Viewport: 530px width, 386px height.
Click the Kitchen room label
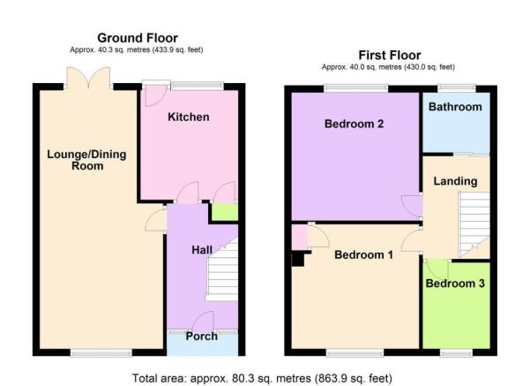tap(188, 117)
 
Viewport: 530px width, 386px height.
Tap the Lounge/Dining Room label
tap(87, 160)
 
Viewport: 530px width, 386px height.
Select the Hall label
tap(202, 250)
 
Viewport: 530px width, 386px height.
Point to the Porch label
tap(201, 337)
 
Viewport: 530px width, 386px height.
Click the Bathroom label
tap(455, 107)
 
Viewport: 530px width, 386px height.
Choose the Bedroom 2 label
tap(354, 124)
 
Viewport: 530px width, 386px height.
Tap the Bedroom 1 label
tap(363, 254)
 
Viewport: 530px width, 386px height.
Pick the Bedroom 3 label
tap(455, 284)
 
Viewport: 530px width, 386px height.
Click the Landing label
tap(455, 181)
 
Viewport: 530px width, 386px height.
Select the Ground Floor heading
tap(138, 38)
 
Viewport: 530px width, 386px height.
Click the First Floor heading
tap(390, 55)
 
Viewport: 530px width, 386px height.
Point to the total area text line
tap(262, 378)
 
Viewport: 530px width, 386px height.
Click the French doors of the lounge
tap(88, 79)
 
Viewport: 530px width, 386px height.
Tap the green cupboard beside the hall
tap(225, 212)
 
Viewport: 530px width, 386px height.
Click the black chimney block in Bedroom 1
tap(298, 260)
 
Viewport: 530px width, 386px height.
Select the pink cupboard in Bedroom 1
tap(300, 238)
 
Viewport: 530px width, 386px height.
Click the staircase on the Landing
tap(474, 224)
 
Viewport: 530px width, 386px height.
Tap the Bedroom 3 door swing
tap(437, 269)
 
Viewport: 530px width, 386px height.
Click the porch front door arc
tap(203, 322)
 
